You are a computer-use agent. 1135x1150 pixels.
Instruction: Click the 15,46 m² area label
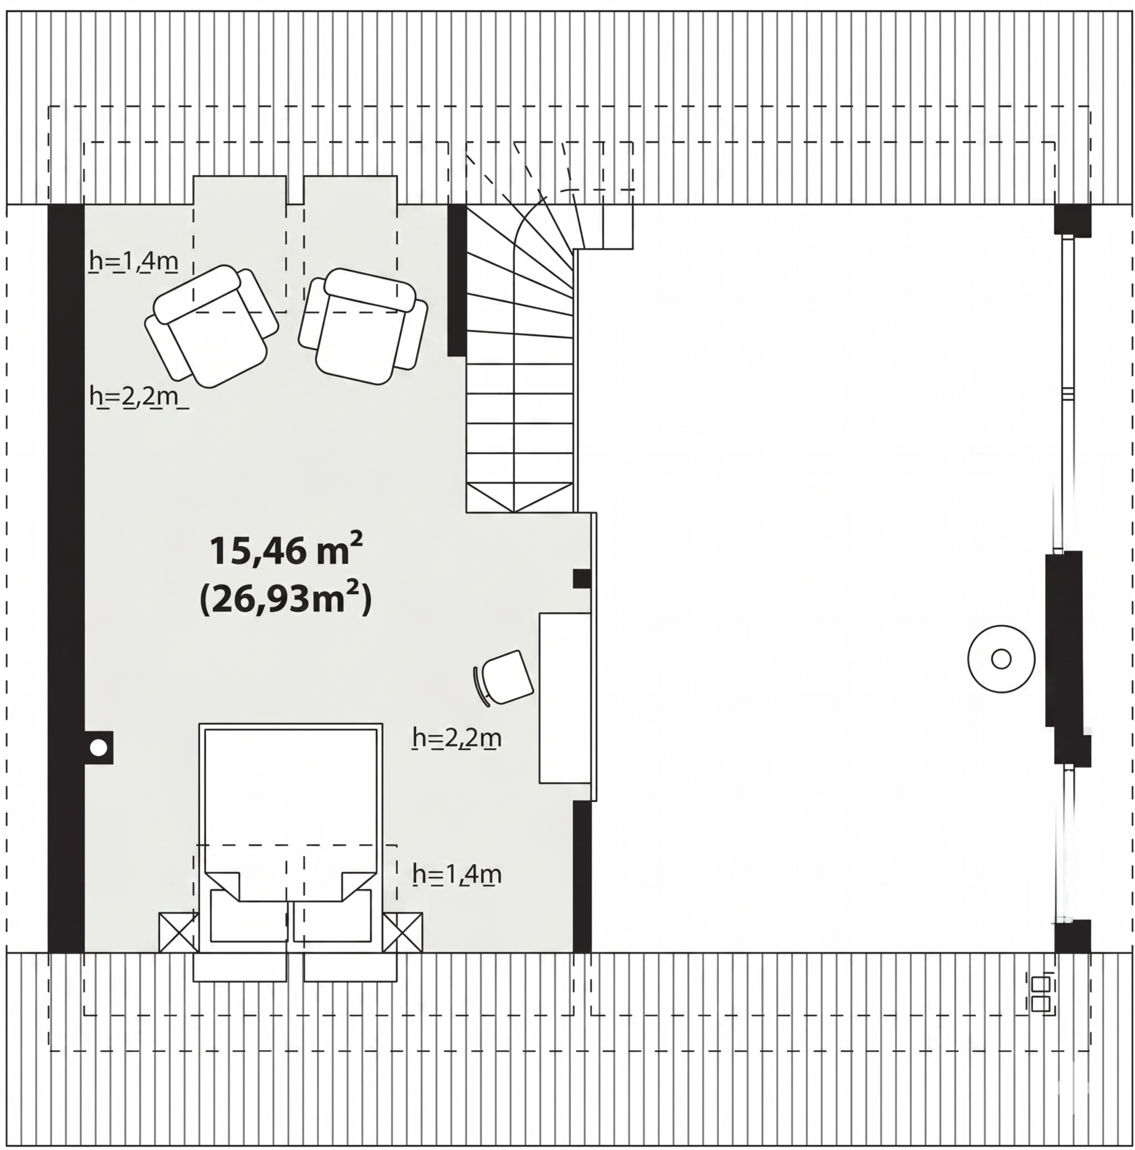point(286,550)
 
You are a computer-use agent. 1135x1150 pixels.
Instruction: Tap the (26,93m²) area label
point(286,599)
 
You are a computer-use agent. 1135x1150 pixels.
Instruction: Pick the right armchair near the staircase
point(363,326)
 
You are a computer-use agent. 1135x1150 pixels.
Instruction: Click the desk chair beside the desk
point(504,678)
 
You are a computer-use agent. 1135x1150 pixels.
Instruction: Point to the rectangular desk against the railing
point(565,698)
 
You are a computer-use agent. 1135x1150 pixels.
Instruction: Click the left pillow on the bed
point(249,916)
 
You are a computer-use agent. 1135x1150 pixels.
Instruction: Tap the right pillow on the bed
point(332,916)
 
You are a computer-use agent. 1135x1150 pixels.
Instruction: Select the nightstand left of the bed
point(178,932)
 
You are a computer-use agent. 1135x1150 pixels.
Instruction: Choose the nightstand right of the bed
point(403,932)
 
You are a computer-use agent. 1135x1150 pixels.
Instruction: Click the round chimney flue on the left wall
point(99,747)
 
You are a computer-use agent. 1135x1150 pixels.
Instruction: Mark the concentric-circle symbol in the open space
point(1001,659)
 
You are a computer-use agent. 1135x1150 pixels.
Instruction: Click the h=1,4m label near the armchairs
point(134,261)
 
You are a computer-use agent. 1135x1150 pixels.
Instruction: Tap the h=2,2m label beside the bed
point(457,738)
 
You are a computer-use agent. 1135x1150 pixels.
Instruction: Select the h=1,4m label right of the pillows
point(457,874)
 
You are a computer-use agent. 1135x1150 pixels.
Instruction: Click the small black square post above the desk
point(582,578)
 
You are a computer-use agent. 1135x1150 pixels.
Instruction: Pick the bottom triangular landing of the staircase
point(520,497)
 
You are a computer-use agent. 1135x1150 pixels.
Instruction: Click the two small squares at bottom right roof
point(1040,993)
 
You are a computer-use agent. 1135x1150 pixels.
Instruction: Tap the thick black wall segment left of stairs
point(457,280)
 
